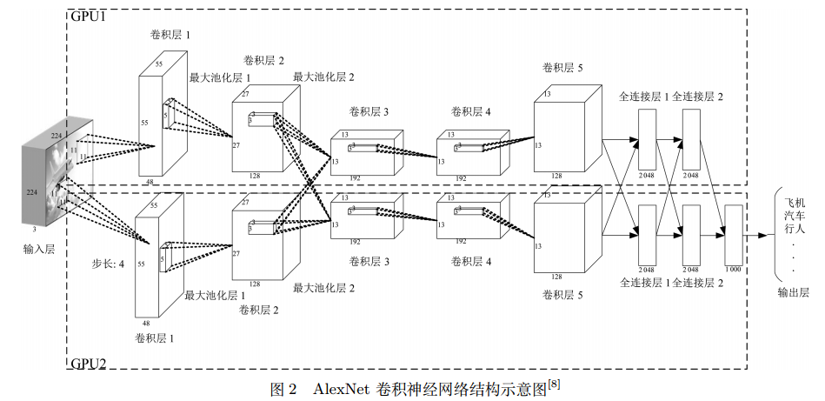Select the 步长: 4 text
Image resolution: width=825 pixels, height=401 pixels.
[109, 261]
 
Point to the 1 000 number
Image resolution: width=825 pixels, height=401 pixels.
[733, 270]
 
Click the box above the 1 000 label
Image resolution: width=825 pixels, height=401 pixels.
[733, 233]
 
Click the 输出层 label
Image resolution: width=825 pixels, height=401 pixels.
[794, 293]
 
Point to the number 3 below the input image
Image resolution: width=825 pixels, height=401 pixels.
[34, 229]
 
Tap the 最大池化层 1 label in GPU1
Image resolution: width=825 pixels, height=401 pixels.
[220, 78]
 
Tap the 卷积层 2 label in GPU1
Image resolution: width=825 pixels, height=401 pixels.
[264, 61]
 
